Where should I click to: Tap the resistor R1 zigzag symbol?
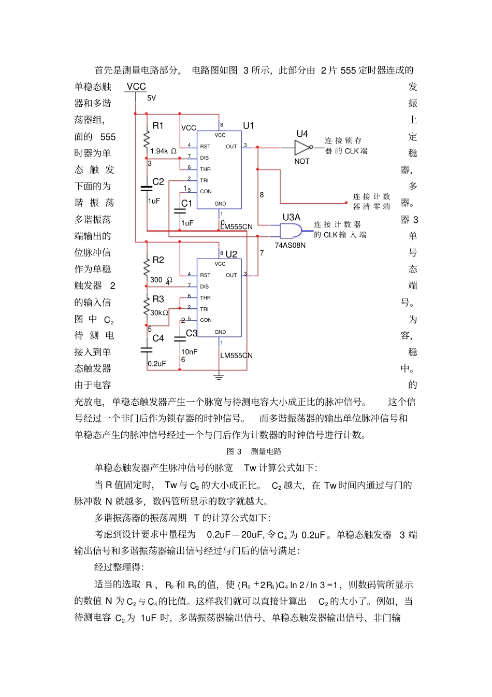pos(147,139)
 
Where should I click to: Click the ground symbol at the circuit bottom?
pos(219,377)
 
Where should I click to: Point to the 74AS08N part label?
pos(290,245)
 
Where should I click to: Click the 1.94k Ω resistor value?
pos(163,151)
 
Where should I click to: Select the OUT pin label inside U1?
pos(231,147)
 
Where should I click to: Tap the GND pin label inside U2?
pos(220,332)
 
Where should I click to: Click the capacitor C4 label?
pos(158,338)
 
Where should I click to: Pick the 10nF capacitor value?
pos(189,352)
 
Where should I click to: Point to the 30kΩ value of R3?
pos(159,313)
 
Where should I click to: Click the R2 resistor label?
pos(158,260)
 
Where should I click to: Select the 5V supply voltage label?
pos(151,98)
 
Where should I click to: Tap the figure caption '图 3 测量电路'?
pos(254,451)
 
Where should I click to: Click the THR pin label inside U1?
pos(206,169)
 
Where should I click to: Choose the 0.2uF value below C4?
pos(156,364)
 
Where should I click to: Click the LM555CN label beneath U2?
pos(236,355)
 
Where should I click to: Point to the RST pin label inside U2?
pos(205,275)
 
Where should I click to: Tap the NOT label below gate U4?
pos(301,162)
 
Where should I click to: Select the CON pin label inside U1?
pos(206,192)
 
